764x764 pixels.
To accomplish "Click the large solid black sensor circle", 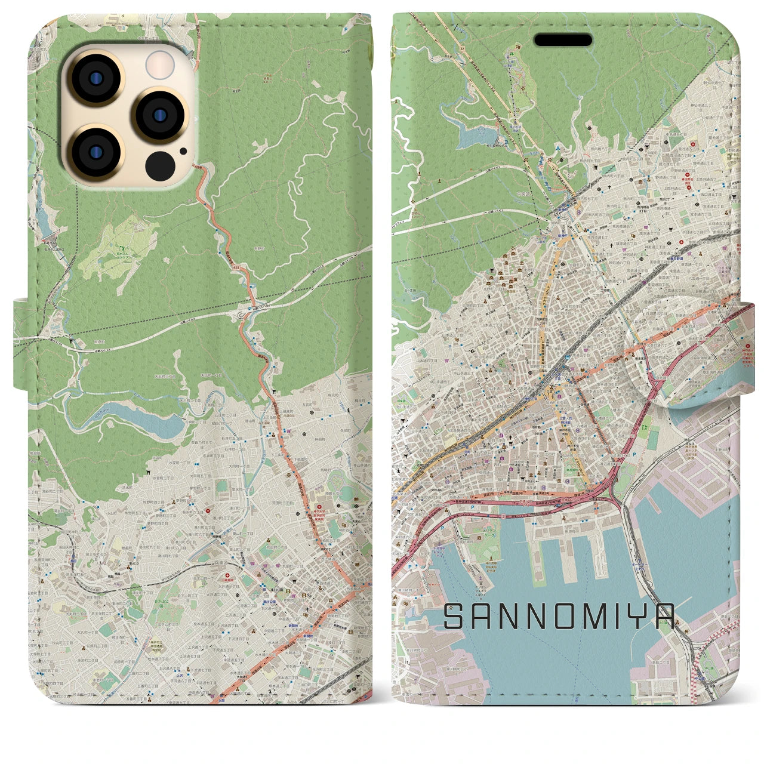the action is tap(159, 164).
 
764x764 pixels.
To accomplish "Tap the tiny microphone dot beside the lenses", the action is tap(183, 150).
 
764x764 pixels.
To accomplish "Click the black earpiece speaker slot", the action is tap(563, 40).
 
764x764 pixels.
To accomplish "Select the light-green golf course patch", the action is tap(117, 247).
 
